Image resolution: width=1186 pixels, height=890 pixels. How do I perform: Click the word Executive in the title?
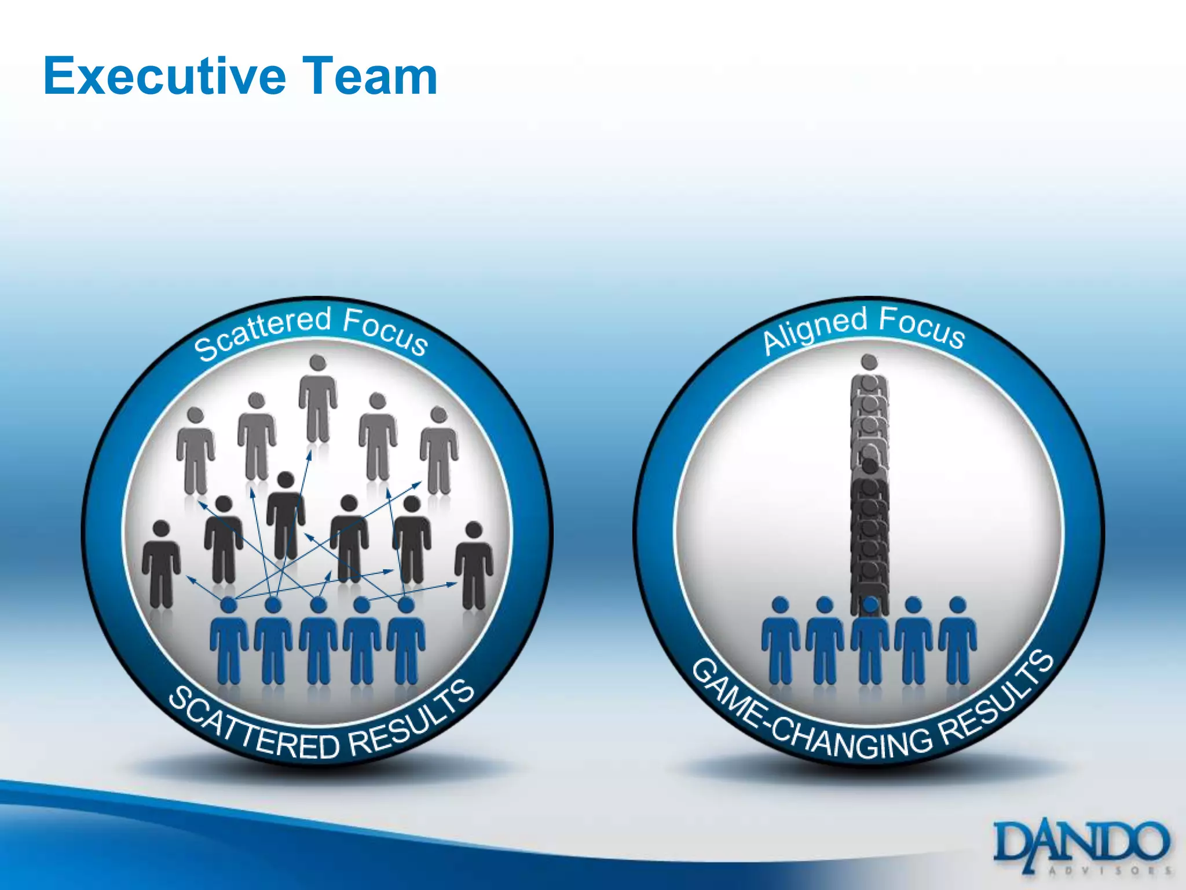click(x=165, y=76)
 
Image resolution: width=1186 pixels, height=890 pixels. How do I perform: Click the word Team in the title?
click(x=370, y=76)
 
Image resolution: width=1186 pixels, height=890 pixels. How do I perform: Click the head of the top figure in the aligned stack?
click(x=869, y=362)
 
